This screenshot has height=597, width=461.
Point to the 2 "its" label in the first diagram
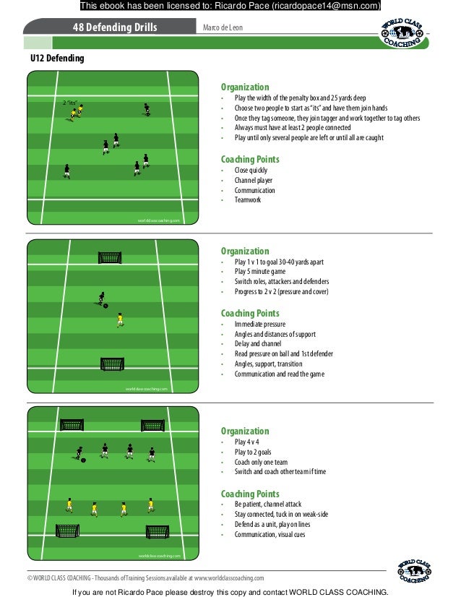[x=70, y=103]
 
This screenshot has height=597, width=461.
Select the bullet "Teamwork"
[x=248, y=200]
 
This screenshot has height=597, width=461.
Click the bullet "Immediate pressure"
[x=260, y=325]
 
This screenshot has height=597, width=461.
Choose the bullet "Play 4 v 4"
[x=247, y=442]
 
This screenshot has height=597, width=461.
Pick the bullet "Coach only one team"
[x=261, y=462]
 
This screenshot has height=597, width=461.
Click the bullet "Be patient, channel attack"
[x=268, y=504]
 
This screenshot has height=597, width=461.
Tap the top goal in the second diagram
[x=110, y=257]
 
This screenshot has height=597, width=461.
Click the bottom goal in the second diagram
[x=112, y=364]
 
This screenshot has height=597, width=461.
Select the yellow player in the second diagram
[x=120, y=319]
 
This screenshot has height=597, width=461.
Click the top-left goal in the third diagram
[x=72, y=425]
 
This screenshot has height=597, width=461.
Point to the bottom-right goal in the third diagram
[x=158, y=532]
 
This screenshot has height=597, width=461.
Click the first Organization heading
[x=244, y=87]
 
